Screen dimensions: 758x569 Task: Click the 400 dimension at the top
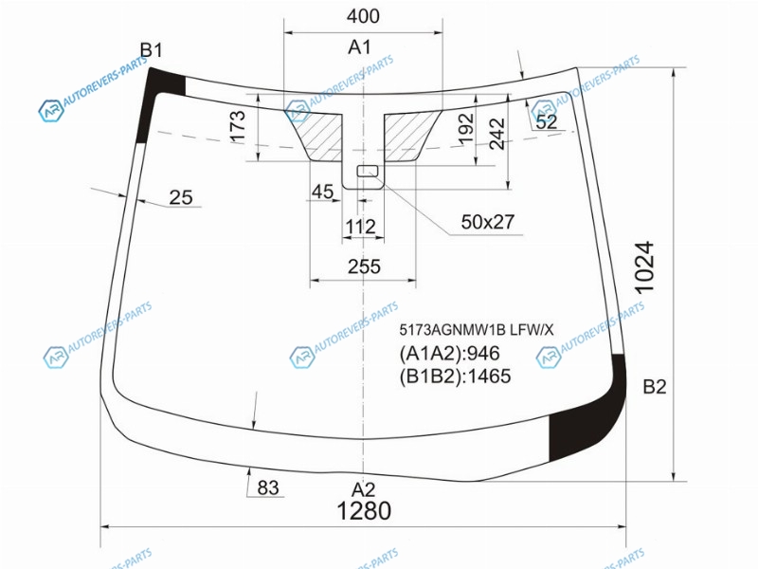click(363, 16)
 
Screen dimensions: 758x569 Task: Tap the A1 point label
click(359, 47)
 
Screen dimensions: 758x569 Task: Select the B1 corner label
click(152, 50)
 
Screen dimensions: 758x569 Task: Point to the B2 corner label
click(655, 387)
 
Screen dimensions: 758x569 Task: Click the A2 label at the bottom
click(363, 489)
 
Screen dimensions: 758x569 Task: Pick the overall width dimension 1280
click(364, 511)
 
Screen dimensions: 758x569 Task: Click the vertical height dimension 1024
click(644, 267)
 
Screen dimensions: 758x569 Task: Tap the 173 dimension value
click(238, 127)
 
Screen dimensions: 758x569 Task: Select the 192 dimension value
click(465, 128)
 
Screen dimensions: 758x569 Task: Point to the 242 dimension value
click(496, 134)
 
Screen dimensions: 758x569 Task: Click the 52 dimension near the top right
click(547, 121)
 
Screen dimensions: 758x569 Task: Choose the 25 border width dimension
click(181, 197)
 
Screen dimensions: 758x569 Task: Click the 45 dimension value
click(322, 193)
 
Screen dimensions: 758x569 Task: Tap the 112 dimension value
click(361, 227)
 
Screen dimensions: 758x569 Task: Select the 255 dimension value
click(364, 266)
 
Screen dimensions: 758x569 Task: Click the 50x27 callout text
click(488, 222)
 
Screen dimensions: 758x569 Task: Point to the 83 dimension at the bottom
click(268, 487)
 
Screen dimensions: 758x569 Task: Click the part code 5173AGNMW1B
click(452, 330)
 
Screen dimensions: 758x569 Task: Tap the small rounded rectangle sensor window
click(368, 171)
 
